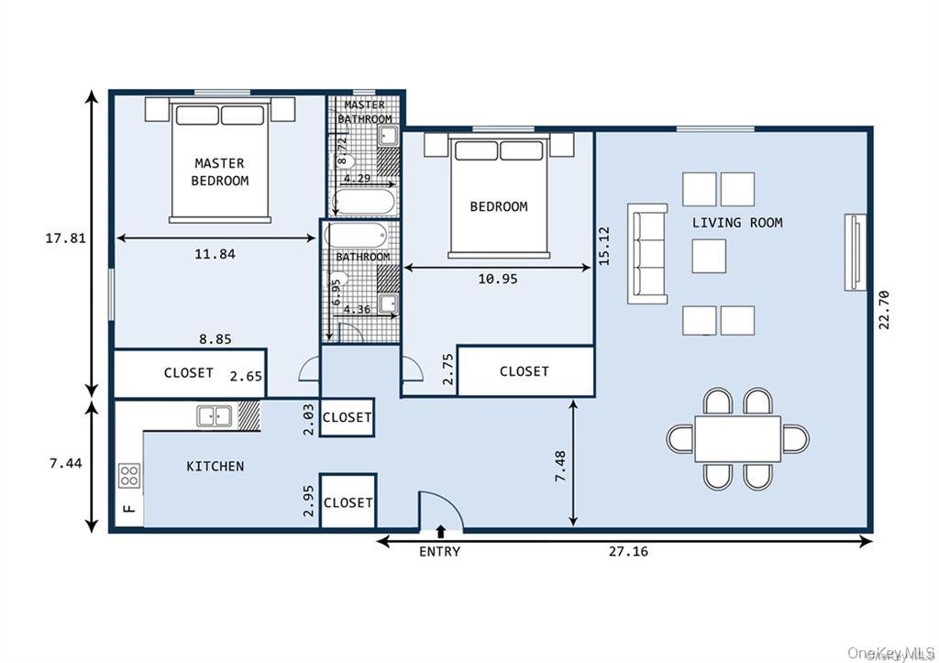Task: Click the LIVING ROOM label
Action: (737, 223)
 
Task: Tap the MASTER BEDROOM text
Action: (219, 172)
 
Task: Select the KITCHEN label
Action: (215, 466)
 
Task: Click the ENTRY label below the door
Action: (439, 551)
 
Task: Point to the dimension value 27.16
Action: (628, 552)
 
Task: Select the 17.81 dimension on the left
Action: (65, 238)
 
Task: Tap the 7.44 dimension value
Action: (65, 464)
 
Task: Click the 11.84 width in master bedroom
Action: (215, 254)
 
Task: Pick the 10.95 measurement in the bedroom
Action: (497, 279)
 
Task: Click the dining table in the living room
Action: (737, 438)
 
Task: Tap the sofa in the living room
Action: (647, 253)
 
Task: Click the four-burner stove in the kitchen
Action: (130, 474)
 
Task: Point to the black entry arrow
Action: (441, 531)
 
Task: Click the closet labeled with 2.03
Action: (348, 417)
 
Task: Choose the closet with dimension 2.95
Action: (348, 503)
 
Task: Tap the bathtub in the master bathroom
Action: (364, 200)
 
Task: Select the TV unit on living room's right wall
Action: (855, 253)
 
